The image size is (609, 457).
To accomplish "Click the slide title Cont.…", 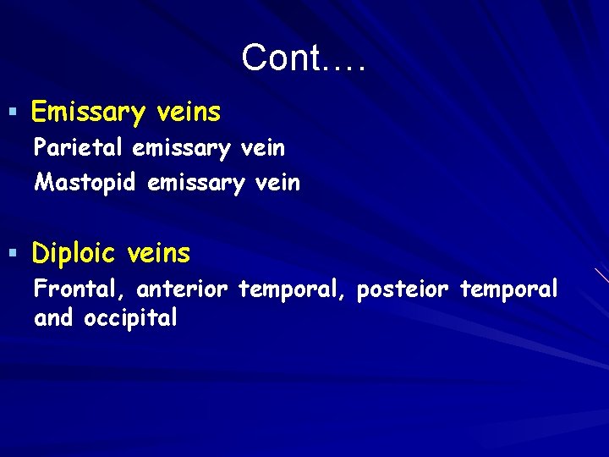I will (304, 58).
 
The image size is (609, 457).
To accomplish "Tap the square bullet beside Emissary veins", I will (13, 111).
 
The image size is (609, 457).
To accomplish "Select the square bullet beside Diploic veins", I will (13, 251).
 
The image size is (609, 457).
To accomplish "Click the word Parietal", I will (79, 148).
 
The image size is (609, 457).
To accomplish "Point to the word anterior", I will (182, 289).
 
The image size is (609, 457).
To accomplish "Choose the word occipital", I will (130, 318).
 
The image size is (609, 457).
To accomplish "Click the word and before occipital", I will (54, 318).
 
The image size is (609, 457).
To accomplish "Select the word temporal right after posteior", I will (508, 289).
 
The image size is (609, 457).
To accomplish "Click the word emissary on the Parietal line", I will (182, 148).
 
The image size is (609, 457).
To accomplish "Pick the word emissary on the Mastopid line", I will (196, 182).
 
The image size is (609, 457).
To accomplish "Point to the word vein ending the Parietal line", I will (263, 148).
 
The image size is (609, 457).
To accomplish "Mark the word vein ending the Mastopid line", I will (277, 182).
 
